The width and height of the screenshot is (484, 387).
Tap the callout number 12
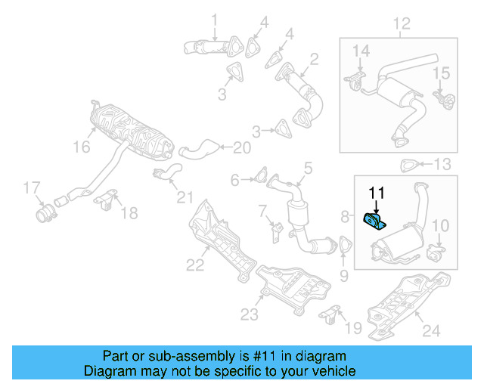pyautogui.click(x=401, y=24)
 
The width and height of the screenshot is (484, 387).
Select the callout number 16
pyautogui.click(x=81, y=147)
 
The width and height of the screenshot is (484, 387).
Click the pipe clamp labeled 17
pyautogui.click(x=46, y=212)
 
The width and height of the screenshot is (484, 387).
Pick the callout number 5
pyautogui.click(x=308, y=167)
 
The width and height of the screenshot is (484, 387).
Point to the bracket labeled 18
pyautogui.click(x=107, y=200)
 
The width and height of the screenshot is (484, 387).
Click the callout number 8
pyautogui.click(x=346, y=217)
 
